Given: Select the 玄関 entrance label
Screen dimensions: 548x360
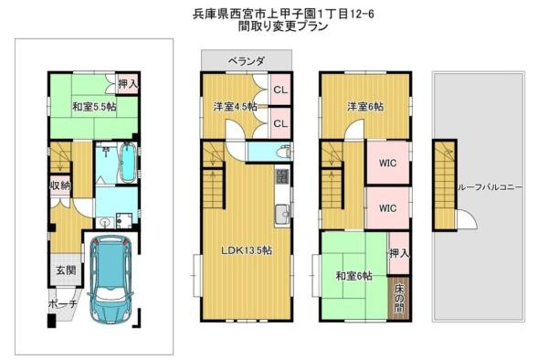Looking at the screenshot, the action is click(66, 270).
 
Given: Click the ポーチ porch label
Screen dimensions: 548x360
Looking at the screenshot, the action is click(62, 303).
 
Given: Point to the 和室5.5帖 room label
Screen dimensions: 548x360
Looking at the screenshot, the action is click(94, 107).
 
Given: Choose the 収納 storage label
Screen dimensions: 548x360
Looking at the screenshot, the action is click(60, 185).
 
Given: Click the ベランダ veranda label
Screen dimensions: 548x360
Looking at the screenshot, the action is click(246, 61).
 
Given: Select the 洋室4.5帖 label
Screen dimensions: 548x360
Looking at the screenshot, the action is click(236, 106).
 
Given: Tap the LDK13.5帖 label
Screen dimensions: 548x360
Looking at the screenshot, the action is click(247, 250).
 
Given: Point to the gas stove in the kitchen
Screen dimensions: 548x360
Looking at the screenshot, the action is click(281, 176).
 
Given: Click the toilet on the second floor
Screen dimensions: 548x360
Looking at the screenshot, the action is click(283, 152).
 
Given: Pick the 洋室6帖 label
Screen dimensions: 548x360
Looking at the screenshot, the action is click(364, 107).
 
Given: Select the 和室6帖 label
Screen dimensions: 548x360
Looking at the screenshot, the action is click(353, 276).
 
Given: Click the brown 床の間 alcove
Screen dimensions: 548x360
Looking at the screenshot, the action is click(399, 298).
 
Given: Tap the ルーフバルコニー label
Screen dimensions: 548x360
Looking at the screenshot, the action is click(490, 187).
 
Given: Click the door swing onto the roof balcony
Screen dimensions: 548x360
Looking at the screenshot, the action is click(467, 220).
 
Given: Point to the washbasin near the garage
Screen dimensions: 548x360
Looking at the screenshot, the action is click(105, 222).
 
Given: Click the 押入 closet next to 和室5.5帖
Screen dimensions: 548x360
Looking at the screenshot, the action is click(128, 84).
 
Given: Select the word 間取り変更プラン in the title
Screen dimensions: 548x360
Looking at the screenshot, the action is click(283, 26).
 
